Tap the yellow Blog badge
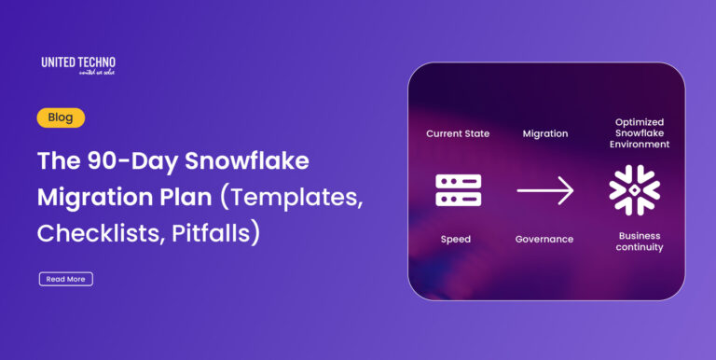pos(61,118)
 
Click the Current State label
pos(458,133)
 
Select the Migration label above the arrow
pos(544,133)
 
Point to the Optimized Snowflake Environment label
pos(641,133)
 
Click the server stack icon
pos(458,190)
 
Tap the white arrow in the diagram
pos(544,191)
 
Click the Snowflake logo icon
pos(634,190)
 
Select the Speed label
pos(456,240)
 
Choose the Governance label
pos(544,240)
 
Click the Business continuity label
pos(640,241)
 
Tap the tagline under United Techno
pos(78,74)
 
